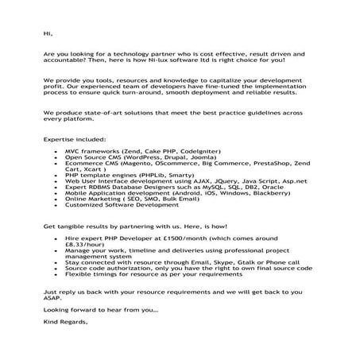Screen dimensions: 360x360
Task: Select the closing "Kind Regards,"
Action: tap(66, 323)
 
